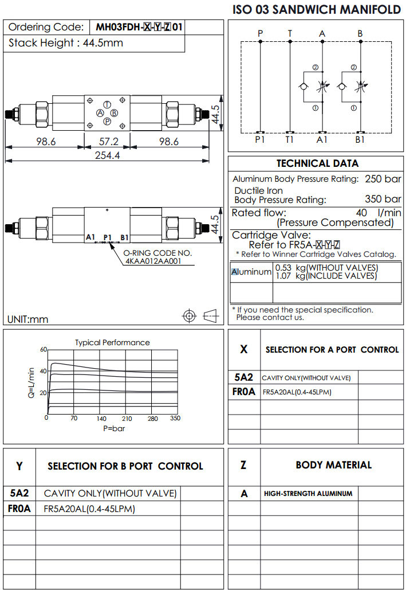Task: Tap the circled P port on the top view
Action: click(x=107, y=121)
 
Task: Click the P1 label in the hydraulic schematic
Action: click(x=261, y=139)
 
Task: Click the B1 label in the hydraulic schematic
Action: click(x=360, y=139)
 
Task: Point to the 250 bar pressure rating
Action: click(x=383, y=179)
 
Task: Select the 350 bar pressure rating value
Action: click(x=383, y=200)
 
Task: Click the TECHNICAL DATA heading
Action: click(x=317, y=163)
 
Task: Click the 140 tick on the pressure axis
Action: click(x=101, y=419)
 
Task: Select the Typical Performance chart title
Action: click(x=112, y=342)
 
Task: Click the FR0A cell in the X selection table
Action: click(x=244, y=392)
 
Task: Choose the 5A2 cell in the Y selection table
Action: click(x=19, y=493)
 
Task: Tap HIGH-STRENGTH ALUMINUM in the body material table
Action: click(x=308, y=493)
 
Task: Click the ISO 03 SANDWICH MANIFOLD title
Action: click(x=317, y=10)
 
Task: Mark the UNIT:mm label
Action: click(x=28, y=319)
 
